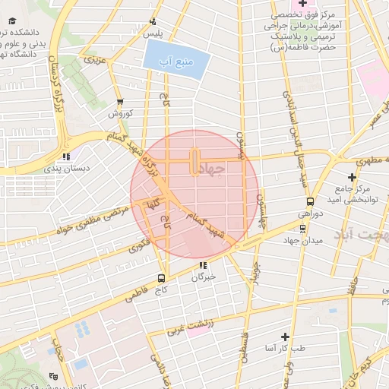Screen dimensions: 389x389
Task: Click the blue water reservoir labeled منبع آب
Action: (x=175, y=59)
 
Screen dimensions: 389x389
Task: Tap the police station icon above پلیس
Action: (x=153, y=21)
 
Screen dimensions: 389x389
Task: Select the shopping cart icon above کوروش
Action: (x=119, y=102)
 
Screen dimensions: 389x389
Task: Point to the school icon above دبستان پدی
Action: (x=66, y=157)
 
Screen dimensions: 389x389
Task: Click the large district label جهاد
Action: (x=216, y=168)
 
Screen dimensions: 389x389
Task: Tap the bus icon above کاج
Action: (x=160, y=278)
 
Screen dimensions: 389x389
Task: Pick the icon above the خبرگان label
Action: (x=203, y=265)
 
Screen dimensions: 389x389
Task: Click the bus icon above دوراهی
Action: (x=310, y=202)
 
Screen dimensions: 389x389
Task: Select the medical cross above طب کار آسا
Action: (x=285, y=336)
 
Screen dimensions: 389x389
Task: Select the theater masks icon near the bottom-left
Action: (x=52, y=376)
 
